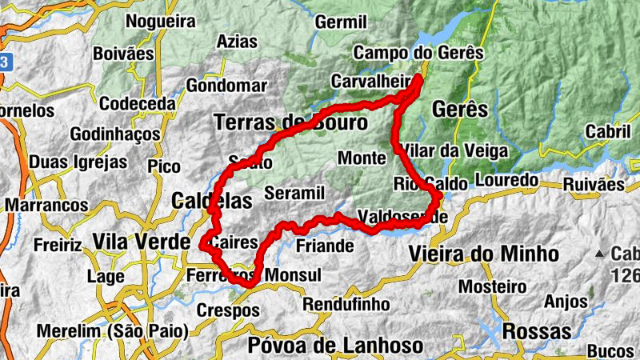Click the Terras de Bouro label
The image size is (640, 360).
tap(290, 122)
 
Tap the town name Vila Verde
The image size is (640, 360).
tap(141, 242)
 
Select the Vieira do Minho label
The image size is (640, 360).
tap(483, 254)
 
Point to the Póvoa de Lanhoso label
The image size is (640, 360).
tap(335, 346)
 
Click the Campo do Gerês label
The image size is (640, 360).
tap(418, 53)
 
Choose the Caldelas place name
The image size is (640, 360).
tap(212, 200)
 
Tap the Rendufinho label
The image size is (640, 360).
tap(346, 305)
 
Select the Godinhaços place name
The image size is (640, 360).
tap(115, 134)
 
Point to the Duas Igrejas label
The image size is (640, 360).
tap(78, 162)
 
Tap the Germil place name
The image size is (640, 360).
tap(341, 22)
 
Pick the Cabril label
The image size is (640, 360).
tap(609, 130)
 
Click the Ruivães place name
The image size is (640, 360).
tap(593, 184)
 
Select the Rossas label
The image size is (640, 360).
tap(537, 330)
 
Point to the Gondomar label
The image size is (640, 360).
tap(226, 86)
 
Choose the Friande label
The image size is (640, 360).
tap(325, 246)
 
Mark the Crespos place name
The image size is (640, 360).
tap(228, 310)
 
